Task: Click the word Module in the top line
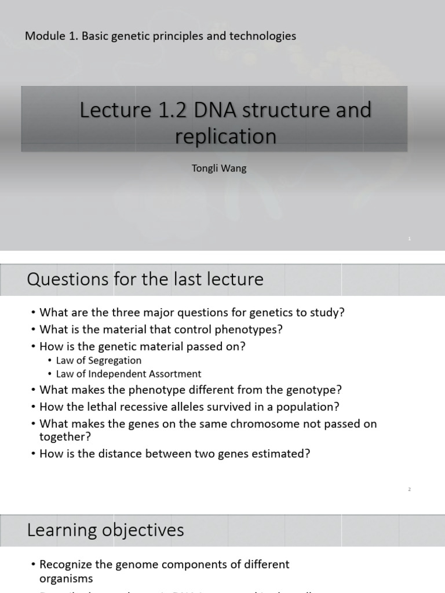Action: [x=43, y=36]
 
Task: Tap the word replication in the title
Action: [x=225, y=137]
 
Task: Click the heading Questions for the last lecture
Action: [x=145, y=279]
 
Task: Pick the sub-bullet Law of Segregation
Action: [x=99, y=360]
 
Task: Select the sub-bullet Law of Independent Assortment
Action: [x=129, y=374]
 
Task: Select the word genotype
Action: [x=316, y=390]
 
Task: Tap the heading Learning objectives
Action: [x=105, y=529]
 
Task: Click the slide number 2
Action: [x=409, y=489]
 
